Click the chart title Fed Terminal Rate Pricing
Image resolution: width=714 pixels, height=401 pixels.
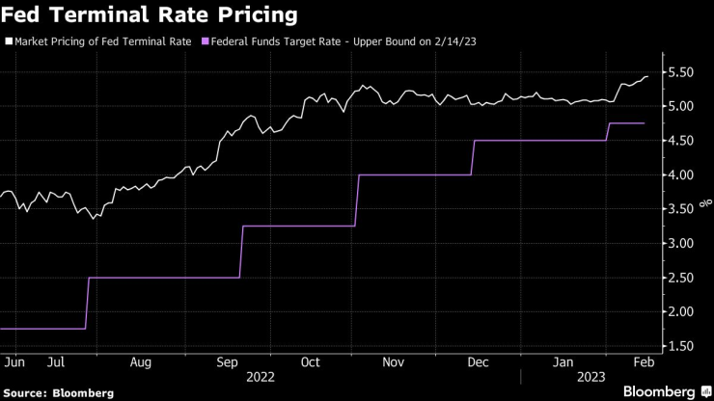149,16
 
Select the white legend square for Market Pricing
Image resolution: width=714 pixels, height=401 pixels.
9,41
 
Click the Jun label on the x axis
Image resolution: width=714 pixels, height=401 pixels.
14,362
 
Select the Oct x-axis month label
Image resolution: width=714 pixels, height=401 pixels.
310,362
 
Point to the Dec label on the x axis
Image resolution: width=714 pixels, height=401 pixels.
478,362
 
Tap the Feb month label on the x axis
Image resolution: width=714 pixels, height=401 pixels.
643,362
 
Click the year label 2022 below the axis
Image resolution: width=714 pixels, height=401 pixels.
261,377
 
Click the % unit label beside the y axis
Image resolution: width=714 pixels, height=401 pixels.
707,202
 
